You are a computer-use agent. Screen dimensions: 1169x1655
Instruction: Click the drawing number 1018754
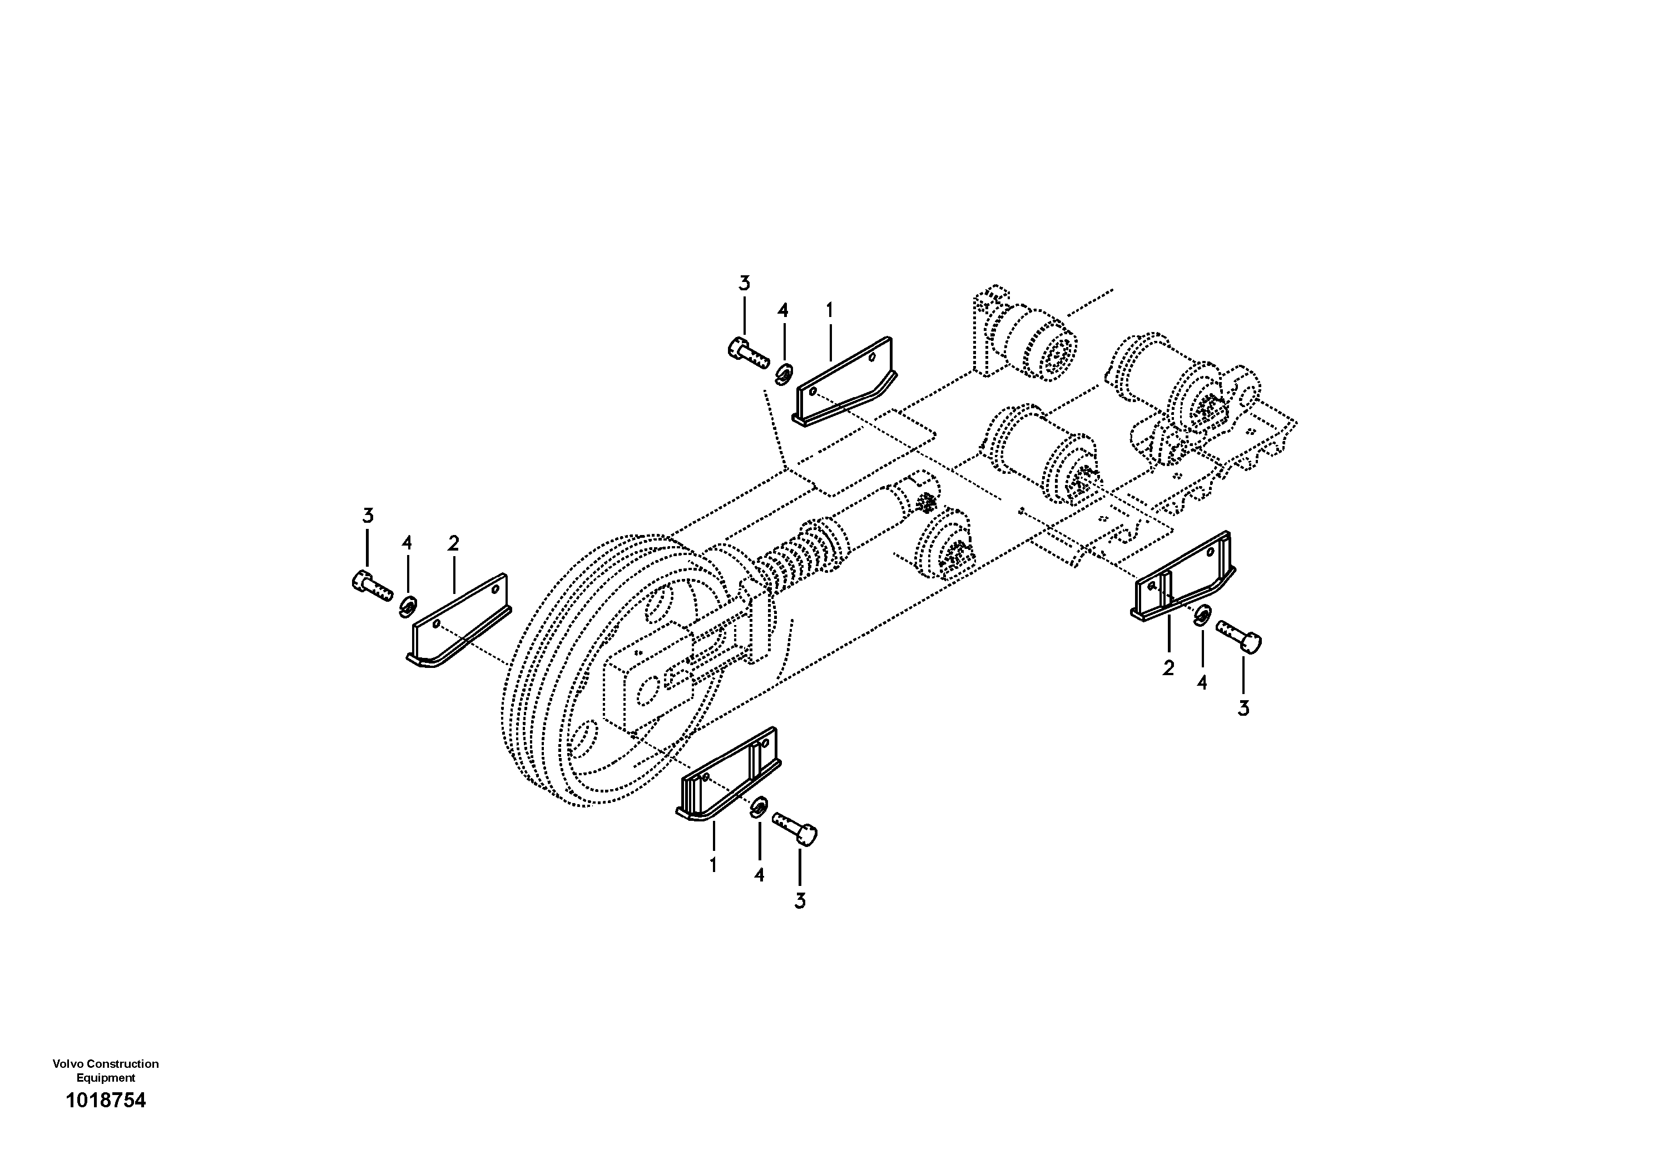click(x=105, y=1101)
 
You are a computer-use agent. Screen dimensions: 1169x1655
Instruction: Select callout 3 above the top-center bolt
click(x=744, y=283)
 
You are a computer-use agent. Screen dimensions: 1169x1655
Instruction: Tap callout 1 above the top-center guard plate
click(x=830, y=311)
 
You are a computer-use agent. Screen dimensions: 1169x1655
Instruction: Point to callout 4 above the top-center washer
click(x=783, y=311)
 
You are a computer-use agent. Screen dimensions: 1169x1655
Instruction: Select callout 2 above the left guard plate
click(x=453, y=543)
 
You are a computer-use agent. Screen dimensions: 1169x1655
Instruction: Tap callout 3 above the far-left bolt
click(x=368, y=516)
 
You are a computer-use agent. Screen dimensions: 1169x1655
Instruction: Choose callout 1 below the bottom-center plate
click(x=713, y=865)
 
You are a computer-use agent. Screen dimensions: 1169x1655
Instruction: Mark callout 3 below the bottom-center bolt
click(x=799, y=901)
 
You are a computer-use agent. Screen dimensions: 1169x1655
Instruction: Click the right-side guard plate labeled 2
click(x=1182, y=577)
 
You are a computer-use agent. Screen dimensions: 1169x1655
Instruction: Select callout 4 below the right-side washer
click(x=1202, y=682)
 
